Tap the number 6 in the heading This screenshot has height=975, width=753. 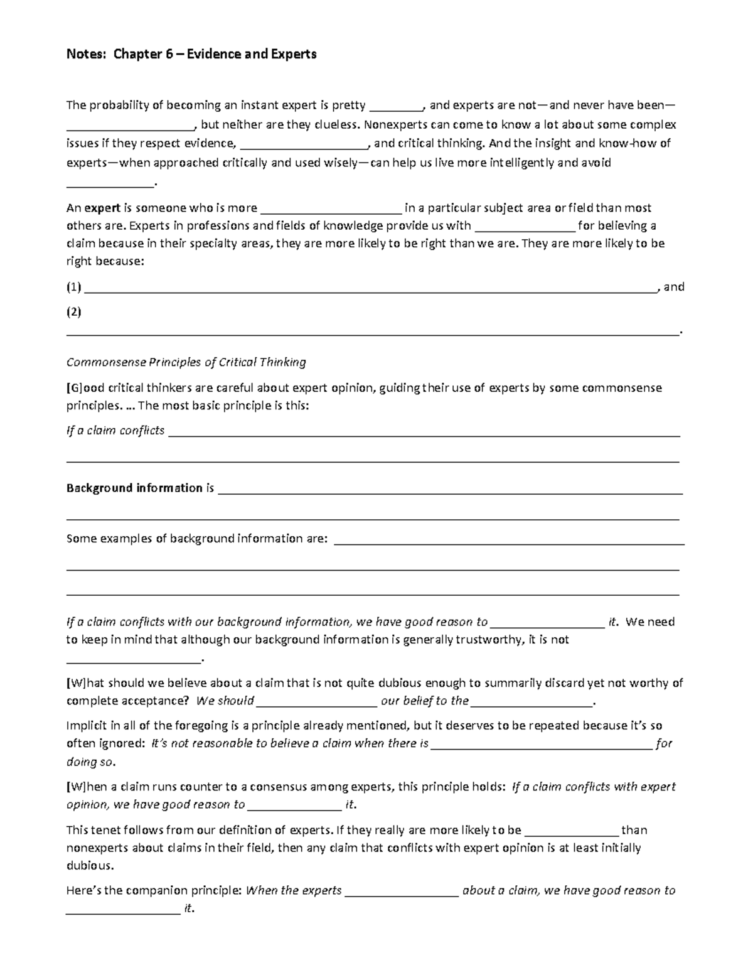tap(169, 54)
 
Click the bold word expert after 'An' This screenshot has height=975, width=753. tap(103, 208)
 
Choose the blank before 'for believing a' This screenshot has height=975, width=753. tap(525, 226)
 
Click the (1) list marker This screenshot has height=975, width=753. tap(74, 288)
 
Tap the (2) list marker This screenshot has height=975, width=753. tap(74, 312)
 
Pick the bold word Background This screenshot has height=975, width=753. tap(99, 488)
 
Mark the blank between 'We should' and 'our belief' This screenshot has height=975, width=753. tap(317, 701)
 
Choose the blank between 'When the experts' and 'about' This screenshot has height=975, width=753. tap(402, 891)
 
